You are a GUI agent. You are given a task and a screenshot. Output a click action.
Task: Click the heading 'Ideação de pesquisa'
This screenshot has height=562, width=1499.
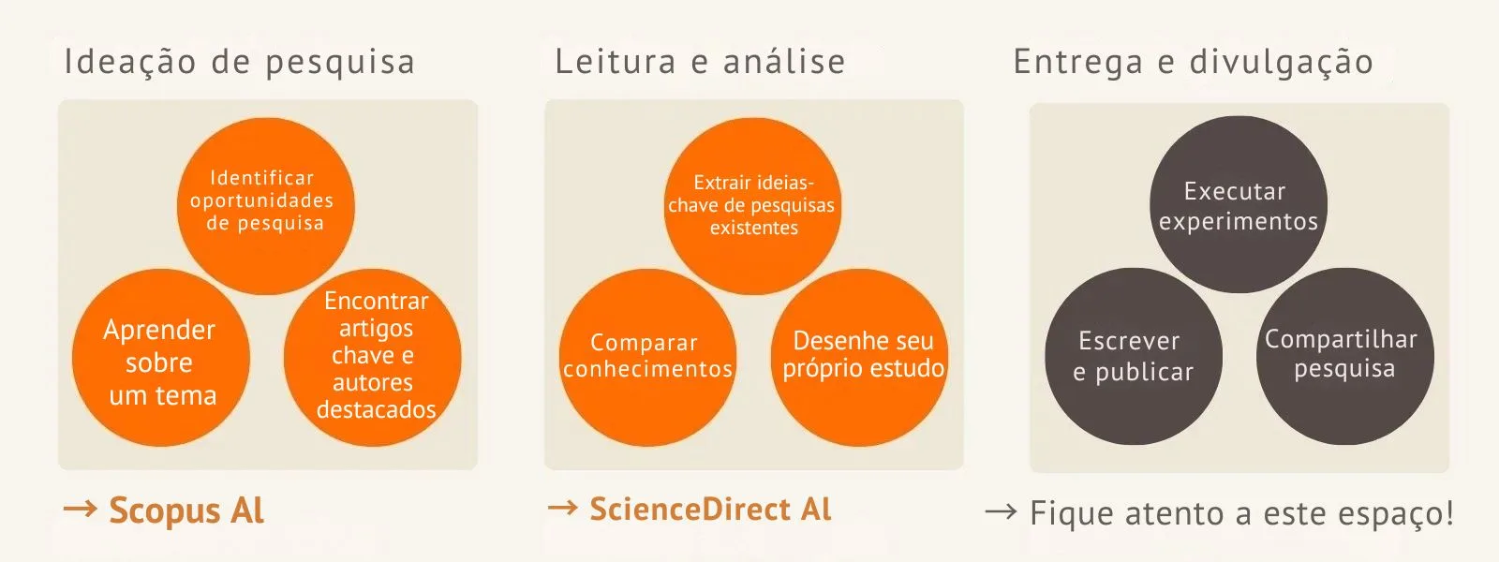pos(239,62)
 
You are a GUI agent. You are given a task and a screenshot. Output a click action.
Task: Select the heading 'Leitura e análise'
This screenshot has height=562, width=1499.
pos(700,62)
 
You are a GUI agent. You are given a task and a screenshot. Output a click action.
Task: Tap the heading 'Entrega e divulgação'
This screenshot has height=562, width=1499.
pos(1193,62)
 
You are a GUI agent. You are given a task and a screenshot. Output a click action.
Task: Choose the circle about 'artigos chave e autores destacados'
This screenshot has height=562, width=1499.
pos(373,357)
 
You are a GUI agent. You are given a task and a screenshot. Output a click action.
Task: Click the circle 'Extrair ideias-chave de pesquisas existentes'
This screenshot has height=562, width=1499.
pos(752,205)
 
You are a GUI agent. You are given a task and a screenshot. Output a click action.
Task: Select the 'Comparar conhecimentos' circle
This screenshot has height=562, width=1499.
pos(647,357)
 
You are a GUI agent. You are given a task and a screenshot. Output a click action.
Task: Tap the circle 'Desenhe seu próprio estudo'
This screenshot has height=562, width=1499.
pos(861,357)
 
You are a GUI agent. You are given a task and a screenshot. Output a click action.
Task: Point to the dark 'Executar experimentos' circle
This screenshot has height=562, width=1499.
pos(1238,205)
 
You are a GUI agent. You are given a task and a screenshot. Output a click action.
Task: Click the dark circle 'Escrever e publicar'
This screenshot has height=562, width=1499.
pos(1133,357)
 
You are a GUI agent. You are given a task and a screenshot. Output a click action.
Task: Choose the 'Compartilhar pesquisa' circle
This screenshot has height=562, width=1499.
pos(1344,357)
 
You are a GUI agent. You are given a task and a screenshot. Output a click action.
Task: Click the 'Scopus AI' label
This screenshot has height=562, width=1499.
pos(186,510)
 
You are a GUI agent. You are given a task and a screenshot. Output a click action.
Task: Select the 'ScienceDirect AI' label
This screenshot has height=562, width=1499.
pos(710,509)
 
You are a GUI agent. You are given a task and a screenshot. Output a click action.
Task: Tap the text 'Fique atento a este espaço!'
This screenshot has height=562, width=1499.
pos(1241,513)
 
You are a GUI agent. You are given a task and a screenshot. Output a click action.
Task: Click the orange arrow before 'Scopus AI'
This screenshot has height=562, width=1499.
pos(80,509)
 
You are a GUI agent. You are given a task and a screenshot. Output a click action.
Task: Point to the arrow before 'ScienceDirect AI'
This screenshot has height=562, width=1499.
pos(563,508)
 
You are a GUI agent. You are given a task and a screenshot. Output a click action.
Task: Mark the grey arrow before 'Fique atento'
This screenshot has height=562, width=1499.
pos(1001,511)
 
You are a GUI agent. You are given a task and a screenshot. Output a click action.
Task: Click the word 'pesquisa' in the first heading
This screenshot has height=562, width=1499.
pos(340,63)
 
